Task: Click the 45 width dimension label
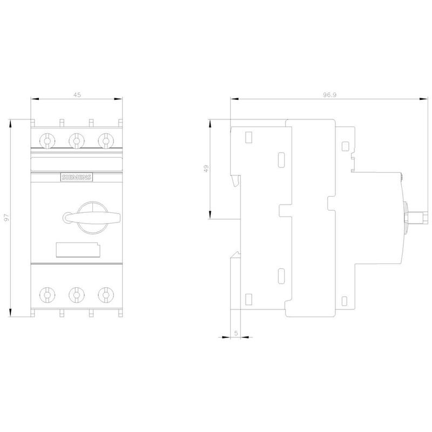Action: coord(77,95)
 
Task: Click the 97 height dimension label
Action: coord(6,218)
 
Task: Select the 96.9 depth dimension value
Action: coord(330,95)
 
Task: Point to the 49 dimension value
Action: coord(206,168)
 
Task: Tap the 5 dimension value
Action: coord(236,333)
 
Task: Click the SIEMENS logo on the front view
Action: coord(77,177)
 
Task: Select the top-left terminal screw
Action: coord(47,141)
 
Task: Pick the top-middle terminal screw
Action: coord(77,141)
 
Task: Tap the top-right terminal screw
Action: coord(106,141)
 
